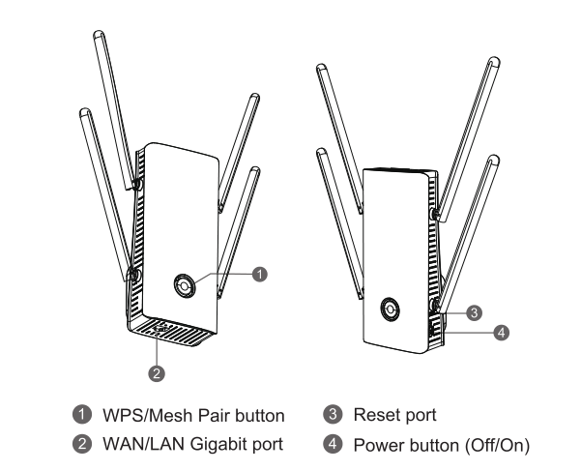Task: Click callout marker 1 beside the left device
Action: click(258, 275)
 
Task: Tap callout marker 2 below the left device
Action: click(155, 369)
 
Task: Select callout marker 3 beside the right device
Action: click(474, 312)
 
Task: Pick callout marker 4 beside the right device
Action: click(500, 333)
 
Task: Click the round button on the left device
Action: click(184, 284)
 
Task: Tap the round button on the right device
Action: click(388, 309)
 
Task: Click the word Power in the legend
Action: click(379, 445)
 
